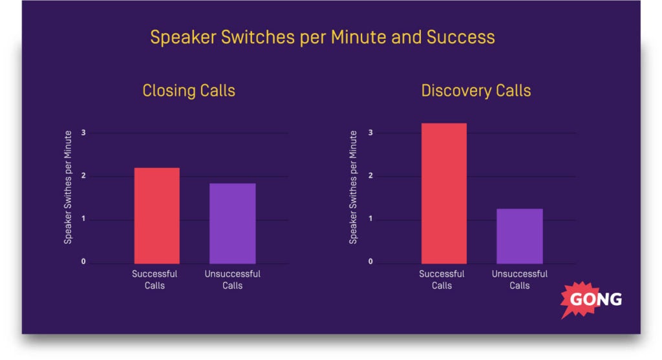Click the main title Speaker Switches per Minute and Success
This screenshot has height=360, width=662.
tap(323, 37)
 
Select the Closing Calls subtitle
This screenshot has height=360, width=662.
tap(189, 90)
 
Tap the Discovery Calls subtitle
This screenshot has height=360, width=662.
tap(476, 90)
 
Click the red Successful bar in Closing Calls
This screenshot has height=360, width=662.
tap(157, 216)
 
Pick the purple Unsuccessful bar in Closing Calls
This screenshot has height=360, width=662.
tap(233, 223)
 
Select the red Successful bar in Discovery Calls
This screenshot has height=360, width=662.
tap(444, 193)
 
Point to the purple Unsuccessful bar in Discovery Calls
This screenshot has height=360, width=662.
tap(520, 236)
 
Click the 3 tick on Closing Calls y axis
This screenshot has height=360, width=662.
tap(83, 132)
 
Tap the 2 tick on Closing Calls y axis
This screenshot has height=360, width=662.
tap(83, 176)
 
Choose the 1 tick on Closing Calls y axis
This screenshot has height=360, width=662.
tap(83, 218)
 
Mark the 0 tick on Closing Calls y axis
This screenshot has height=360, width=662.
tap(83, 262)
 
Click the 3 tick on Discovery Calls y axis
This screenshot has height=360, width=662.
tap(370, 132)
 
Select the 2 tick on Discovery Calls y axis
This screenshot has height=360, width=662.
tap(370, 176)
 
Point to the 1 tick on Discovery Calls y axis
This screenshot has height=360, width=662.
tap(370, 218)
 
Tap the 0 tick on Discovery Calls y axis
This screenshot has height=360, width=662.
tap(370, 262)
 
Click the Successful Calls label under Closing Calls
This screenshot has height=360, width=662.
tap(155, 279)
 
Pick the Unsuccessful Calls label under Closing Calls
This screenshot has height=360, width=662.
tap(233, 279)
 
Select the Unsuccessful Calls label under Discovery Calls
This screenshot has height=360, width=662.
tap(520, 279)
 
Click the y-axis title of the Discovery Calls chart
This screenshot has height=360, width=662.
tap(353, 187)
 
